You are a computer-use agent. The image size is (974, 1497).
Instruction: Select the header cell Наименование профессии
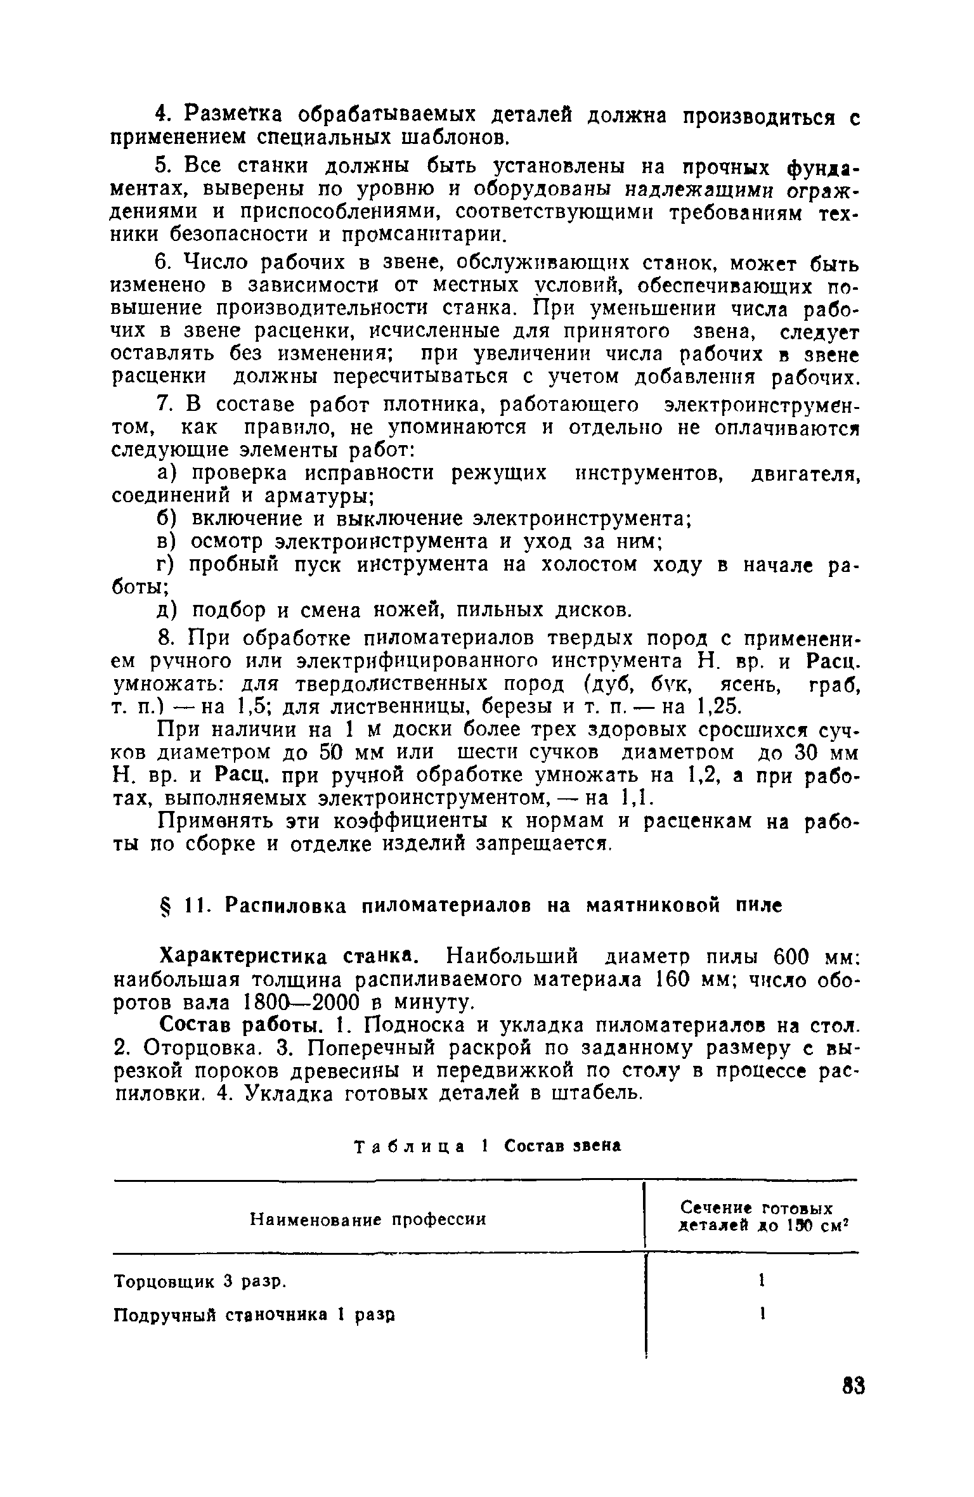point(368,1219)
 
